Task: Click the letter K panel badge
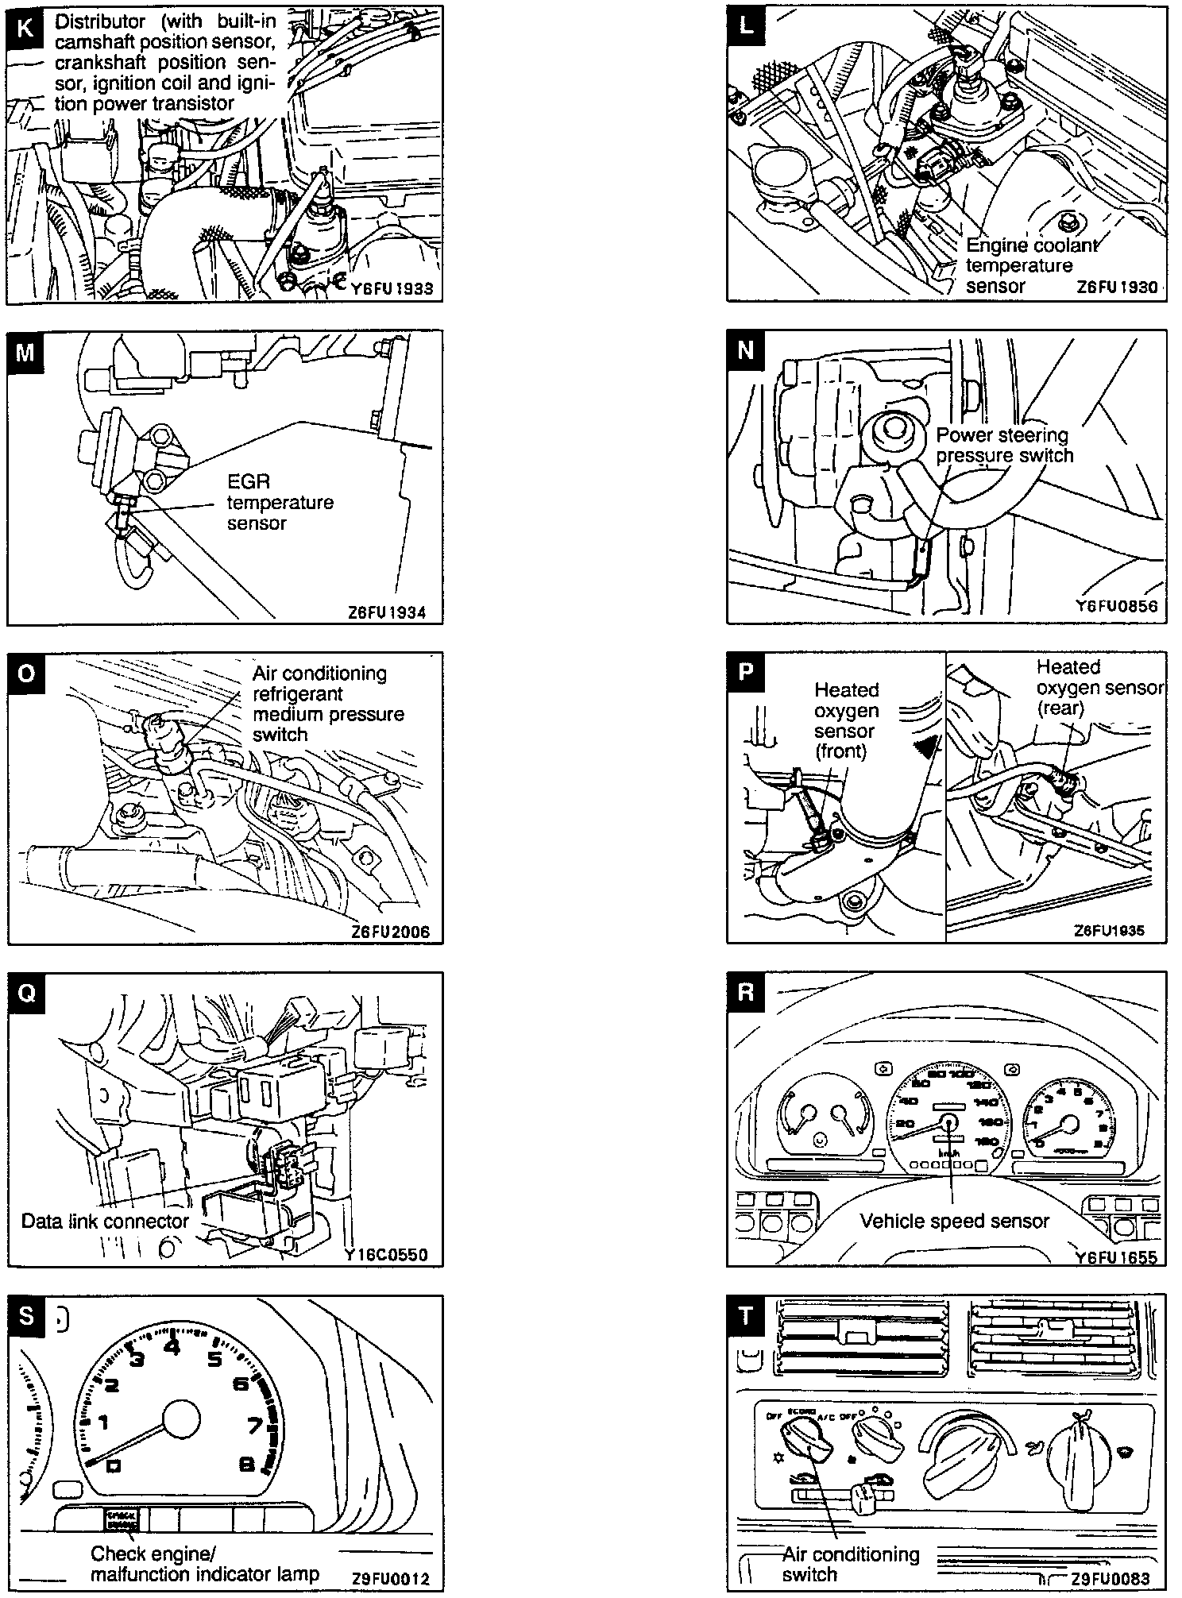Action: pos(26,29)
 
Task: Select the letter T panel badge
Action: pos(744,1316)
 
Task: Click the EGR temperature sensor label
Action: pos(280,502)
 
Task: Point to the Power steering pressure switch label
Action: pos(1003,446)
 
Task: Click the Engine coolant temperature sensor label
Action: pos(1030,265)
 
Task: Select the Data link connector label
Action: pos(105,1221)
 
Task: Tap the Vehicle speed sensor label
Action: pos(955,1221)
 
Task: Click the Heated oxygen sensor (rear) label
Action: pos(1099,688)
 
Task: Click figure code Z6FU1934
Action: pos(386,612)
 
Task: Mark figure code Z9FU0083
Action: pos(1110,1580)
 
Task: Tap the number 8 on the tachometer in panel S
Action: pos(246,1462)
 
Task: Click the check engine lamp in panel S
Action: pos(122,1518)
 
